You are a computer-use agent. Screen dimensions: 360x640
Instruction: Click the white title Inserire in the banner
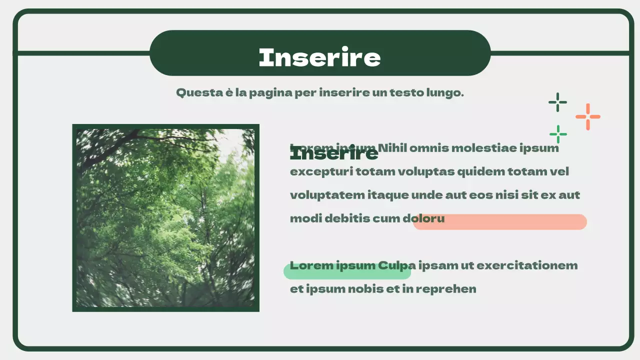coord(319,57)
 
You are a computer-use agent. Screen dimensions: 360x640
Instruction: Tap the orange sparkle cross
coord(587,116)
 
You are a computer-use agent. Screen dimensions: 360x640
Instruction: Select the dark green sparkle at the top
coord(557,102)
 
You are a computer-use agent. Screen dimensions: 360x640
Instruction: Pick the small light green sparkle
coord(558,134)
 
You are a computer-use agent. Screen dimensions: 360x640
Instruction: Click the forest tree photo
coord(165,218)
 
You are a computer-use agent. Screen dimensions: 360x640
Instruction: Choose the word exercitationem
coord(527,265)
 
